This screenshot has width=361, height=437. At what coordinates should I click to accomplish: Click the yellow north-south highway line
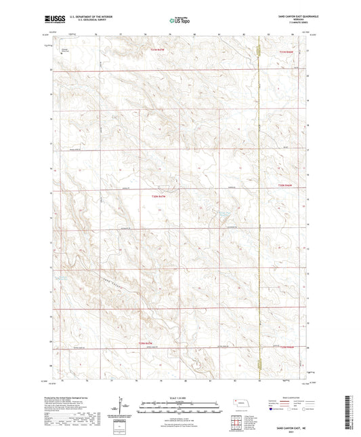259,204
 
